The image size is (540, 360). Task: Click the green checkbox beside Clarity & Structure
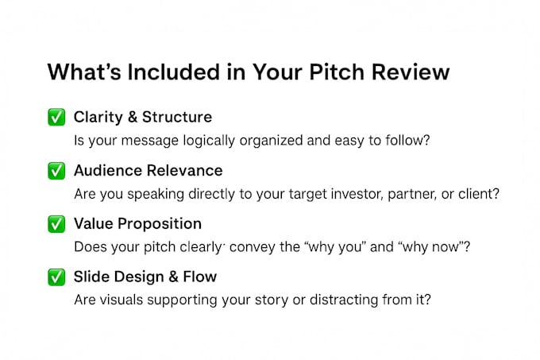point(56,117)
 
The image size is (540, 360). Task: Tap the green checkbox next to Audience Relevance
point(56,171)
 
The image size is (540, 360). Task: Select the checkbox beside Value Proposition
point(56,224)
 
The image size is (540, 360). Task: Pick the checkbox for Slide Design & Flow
point(56,277)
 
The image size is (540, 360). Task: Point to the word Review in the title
point(411,72)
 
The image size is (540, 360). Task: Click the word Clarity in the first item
point(98,118)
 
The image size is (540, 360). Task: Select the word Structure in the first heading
point(177,117)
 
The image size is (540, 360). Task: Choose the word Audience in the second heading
point(108,171)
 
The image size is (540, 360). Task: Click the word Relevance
point(185,171)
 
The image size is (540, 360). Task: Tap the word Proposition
point(160,224)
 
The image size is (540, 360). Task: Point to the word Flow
point(200,277)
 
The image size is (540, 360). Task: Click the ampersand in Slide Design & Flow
point(174,277)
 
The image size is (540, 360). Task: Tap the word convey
point(248,247)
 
